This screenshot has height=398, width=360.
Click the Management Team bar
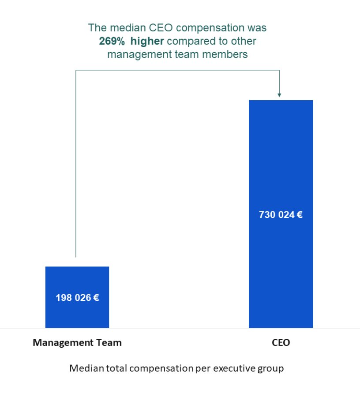tap(77, 282)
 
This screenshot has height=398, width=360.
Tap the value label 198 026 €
tap(77, 298)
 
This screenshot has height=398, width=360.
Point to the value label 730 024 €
tap(281, 215)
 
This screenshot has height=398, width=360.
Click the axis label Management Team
tap(77, 342)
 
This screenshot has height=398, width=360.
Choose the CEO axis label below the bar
tap(281, 342)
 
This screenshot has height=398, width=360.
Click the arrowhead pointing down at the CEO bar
tap(279, 94)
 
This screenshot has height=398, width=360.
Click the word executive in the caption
tap(232, 368)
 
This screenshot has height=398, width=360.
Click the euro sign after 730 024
tap(299, 215)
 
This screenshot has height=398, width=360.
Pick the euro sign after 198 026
tap(96, 298)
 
